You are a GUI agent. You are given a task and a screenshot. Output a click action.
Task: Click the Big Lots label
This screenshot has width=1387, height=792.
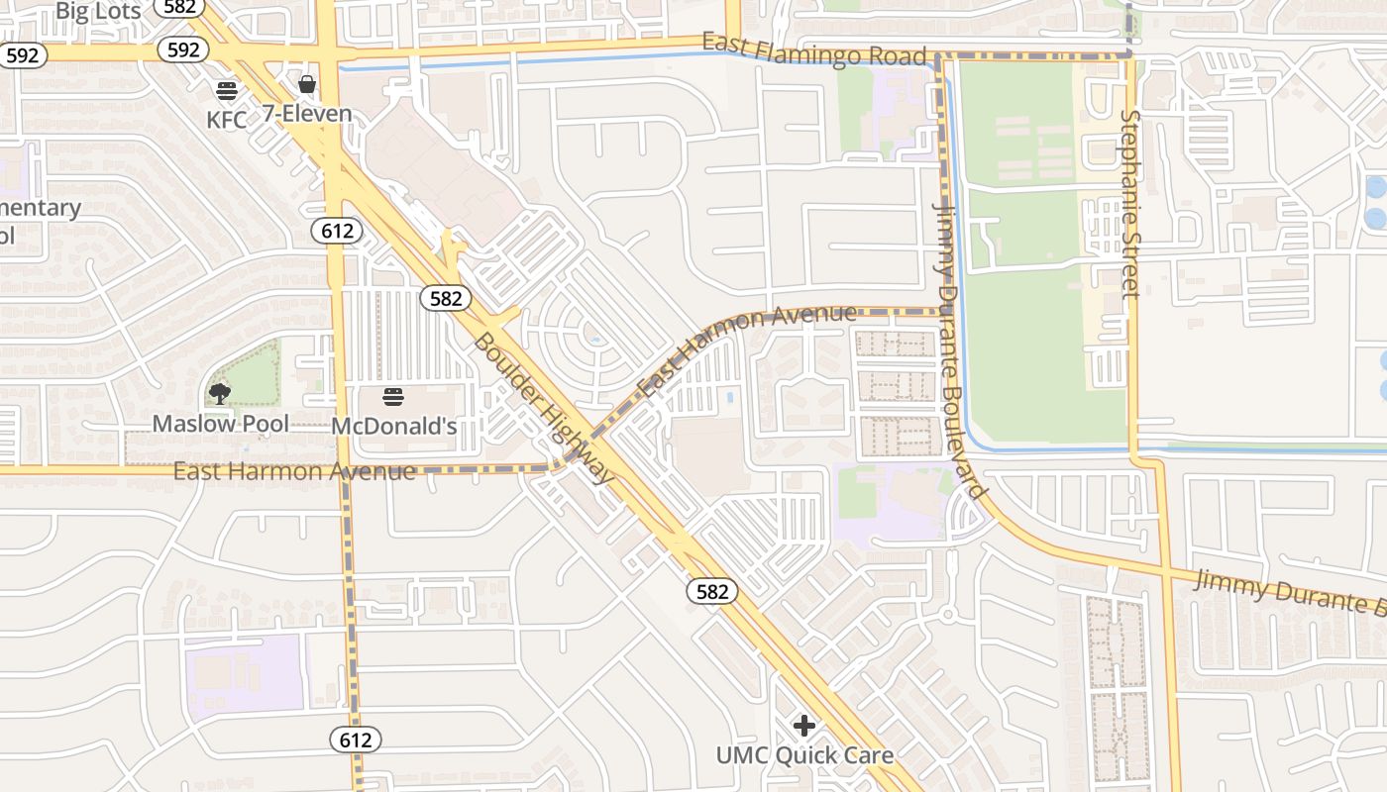(x=99, y=11)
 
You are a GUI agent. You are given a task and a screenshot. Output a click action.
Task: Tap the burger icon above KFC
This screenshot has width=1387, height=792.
(x=227, y=91)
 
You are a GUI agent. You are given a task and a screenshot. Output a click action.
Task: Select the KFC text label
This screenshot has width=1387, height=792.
(x=227, y=120)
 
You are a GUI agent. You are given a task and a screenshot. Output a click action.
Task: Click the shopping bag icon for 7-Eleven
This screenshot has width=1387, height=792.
(x=307, y=84)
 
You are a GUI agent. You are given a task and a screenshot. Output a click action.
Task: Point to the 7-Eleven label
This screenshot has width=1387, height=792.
(x=307, y=113)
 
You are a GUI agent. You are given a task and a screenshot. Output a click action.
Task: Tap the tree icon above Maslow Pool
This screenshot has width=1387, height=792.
(x=219, y=395)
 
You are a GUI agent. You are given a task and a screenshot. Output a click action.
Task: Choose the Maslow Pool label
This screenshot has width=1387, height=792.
(x=220, y=424)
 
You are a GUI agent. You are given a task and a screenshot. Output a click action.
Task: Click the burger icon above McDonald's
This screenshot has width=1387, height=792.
(x=393, y=398)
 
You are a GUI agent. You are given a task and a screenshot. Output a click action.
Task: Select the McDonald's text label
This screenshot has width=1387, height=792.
(x=393, y=427)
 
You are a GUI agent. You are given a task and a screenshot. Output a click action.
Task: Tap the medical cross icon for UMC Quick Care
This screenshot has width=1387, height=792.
(x=804, y=726)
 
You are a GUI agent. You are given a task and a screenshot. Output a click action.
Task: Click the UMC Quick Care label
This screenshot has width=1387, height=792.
(x=804, y=756)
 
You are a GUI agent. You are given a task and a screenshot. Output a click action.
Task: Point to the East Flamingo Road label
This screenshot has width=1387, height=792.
(x=813, y=50)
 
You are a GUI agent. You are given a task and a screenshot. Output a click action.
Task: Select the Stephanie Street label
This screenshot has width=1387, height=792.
(x=1130, y=203)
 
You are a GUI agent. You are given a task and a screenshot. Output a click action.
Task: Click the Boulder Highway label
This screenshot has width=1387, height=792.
(x=544, y=409)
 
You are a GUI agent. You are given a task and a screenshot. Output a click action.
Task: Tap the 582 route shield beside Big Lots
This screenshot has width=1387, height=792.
(x=180, y=6)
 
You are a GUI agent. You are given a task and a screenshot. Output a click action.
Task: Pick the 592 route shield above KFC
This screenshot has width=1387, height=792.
(x=183, y=49)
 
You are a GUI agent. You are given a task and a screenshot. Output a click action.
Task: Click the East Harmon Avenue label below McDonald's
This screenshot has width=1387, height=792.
(x=294, y=471)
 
